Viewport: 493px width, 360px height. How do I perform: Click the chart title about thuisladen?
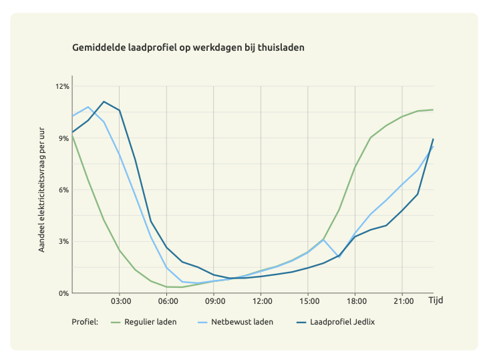pos(189,48)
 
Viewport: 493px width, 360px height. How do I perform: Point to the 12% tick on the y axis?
pos(62,87)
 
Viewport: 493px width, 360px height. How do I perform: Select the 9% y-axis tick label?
pos(64,138)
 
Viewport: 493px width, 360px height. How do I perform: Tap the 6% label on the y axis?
pos(64,190)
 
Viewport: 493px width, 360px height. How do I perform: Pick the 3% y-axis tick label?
pos(64,241)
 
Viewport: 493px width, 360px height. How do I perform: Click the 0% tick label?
pos(64,293)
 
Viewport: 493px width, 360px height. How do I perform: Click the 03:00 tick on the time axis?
pos(120,301)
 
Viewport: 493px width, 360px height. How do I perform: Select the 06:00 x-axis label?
pos(166,301)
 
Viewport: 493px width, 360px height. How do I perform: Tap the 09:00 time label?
pos(213,301)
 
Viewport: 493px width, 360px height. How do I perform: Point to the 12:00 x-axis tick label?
pos(261,301)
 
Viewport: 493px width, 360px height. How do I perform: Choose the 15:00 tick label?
pos(307,301)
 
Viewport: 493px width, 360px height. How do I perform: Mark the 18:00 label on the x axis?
pos(355,301)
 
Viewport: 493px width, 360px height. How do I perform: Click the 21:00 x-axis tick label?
pos(401,301)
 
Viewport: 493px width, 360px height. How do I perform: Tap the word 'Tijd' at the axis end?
pos(436,301)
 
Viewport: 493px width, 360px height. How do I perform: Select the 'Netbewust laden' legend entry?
pos(242,322)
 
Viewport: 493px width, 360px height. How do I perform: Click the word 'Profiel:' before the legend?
pos(85,322)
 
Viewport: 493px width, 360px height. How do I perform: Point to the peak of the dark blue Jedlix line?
pos(104,102)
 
